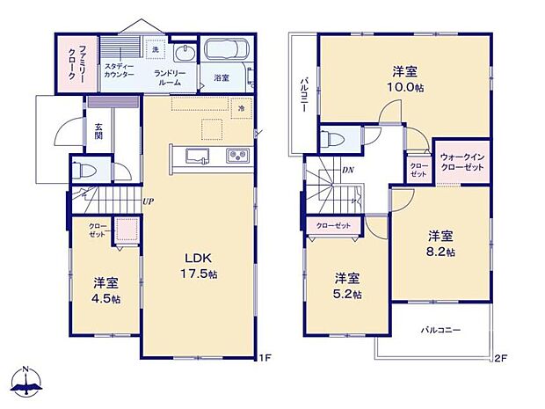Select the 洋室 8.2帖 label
click(x=441, y=243)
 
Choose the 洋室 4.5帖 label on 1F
click(x=106, y=291)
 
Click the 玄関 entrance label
click(x=99, y=130)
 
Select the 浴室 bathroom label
click(x=222, y=78)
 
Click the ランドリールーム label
click(x=167, y=77)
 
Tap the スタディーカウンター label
click(x=120, y=70)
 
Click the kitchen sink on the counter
click(x=196, y=157)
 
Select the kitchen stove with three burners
click(x=238, y=157)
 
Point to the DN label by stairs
click(x=348, y=170)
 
